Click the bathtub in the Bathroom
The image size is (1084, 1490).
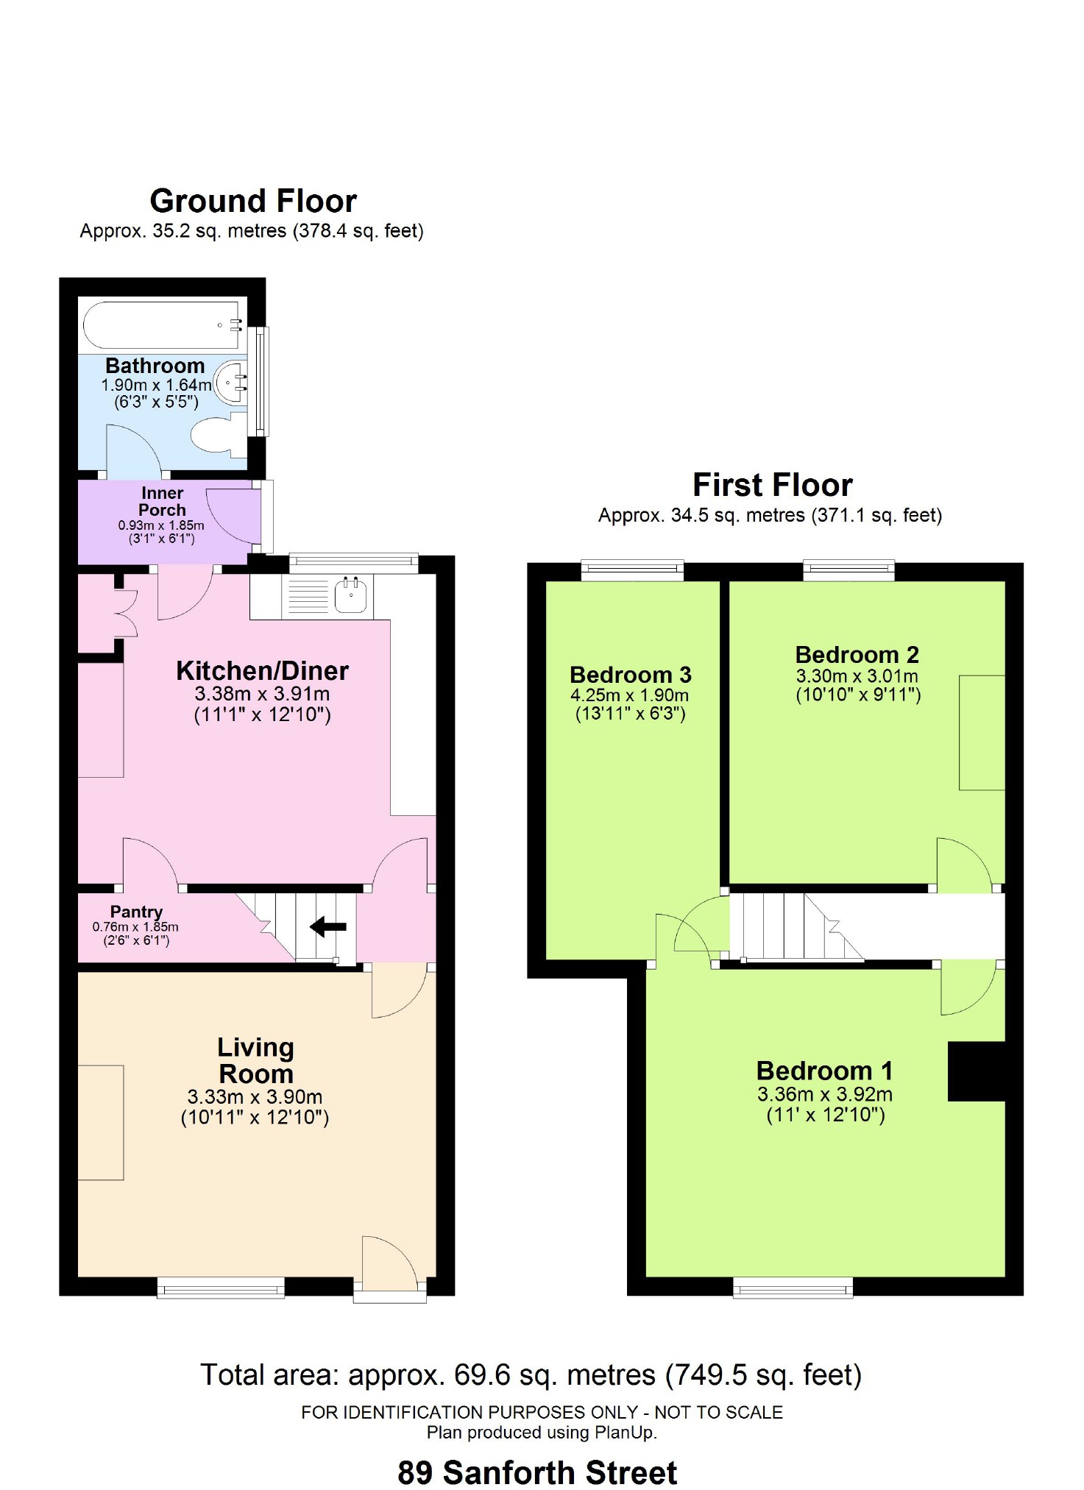(x=163, y=324)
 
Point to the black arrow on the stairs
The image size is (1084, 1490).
(x=328, y=926)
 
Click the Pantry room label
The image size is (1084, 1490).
(x=136, y=912)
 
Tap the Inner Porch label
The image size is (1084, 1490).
(x=162, y=501)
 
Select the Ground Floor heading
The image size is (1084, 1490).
(x=253, y=201)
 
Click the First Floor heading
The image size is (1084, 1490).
(x=773, y=485)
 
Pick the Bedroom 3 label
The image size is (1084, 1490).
(x=631, y=675)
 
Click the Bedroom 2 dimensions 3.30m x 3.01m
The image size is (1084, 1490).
(x=857, y=676)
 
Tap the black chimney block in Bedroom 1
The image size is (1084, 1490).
(x=977, y=1071)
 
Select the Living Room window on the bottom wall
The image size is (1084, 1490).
(x=221, y=1287)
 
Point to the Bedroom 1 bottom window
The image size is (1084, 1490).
(x=793, y=1288)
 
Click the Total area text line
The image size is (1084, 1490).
(x=531, y=1374)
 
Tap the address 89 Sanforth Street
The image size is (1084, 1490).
(x=537, y=1472)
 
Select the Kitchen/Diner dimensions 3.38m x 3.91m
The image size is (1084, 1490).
(x=262, y=694)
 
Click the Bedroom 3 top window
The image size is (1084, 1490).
(x=633, y=570)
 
